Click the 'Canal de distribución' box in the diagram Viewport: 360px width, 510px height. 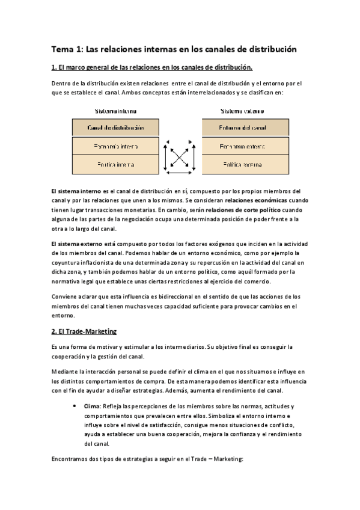pyautogui.click(x=116, y=127)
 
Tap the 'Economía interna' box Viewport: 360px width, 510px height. pyautogui.click(x=116, y=146)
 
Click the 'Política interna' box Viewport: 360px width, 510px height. pyautogui.click(x=116, y=164)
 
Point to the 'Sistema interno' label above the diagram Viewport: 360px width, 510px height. pyautogui.click(x=115, y=111)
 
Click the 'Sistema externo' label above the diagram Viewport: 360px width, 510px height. pyautogui.click(x=243, y=111)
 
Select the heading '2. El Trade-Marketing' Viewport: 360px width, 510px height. pyautogui.click(x=84, y=331)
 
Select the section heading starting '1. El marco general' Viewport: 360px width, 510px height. pyautogui.click(x=152, y=67)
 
